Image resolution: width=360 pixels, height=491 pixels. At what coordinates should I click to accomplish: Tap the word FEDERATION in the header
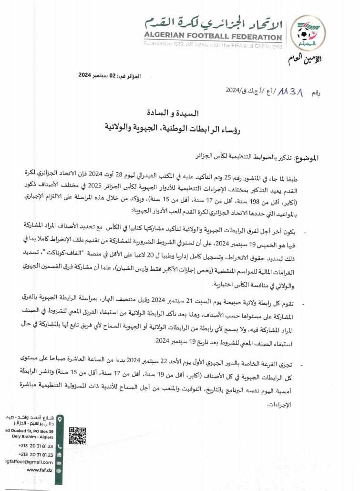256,37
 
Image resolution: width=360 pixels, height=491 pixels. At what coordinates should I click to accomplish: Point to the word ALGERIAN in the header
165,37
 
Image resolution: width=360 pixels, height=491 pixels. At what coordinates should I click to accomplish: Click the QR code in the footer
78,436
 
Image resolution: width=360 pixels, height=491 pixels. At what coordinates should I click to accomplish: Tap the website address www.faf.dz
40,470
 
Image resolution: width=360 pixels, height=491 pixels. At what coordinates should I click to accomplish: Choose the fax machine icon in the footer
59,454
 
